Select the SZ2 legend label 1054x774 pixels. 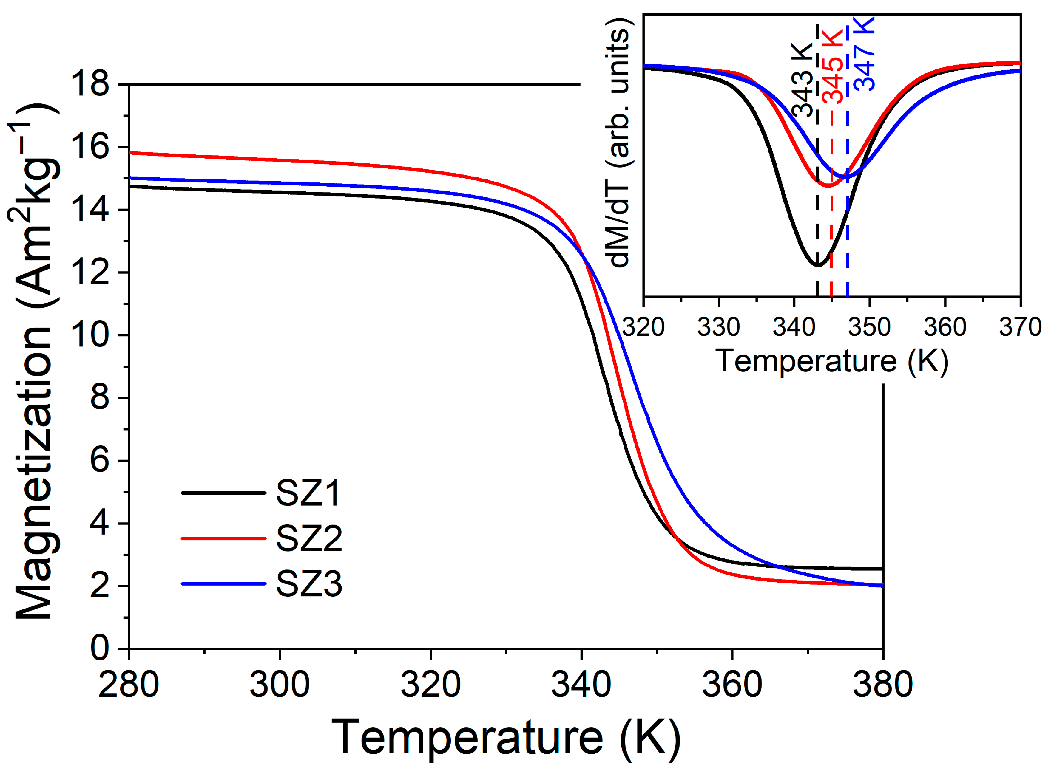pos(309,538)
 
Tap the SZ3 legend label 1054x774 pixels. pos(309,584)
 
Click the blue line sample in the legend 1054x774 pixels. pos(224,584)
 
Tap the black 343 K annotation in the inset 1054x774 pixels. pos(802,80)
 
